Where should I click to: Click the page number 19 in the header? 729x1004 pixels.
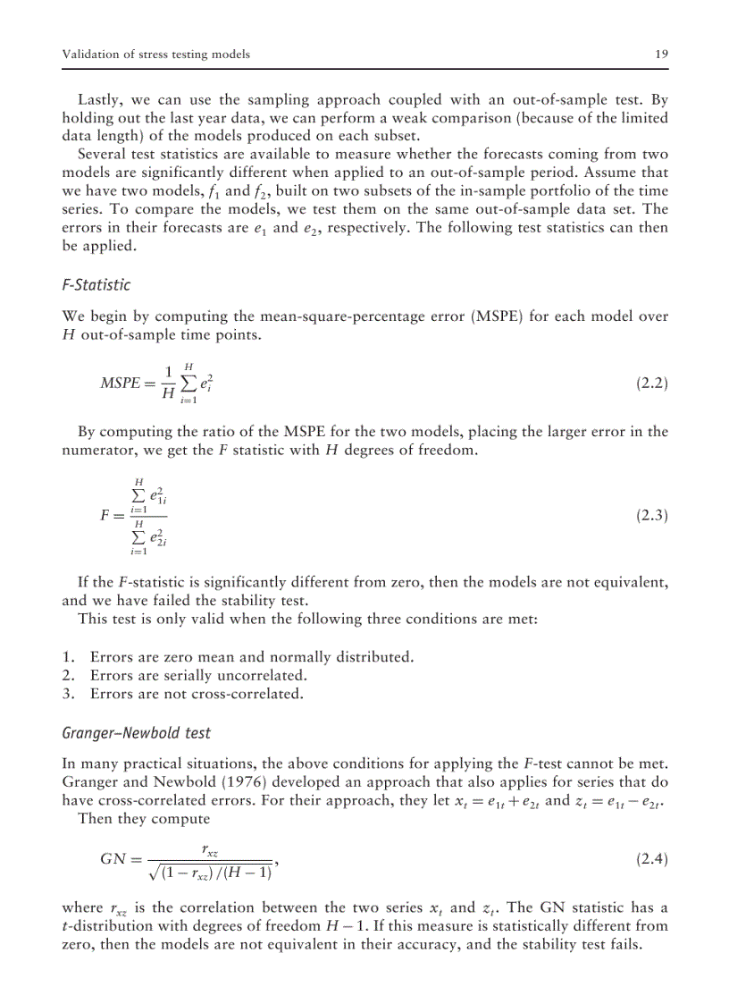pos(661,55)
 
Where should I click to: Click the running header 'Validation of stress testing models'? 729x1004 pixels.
pos(155,55)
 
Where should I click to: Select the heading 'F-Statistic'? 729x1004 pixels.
pos(96,285)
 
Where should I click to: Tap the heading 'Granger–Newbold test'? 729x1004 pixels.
pos(136,732)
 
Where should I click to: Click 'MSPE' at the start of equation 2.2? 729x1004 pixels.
pos(121,384)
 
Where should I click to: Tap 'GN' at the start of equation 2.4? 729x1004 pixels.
pos(114,860)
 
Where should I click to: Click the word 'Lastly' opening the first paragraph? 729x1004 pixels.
pos(98,99)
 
